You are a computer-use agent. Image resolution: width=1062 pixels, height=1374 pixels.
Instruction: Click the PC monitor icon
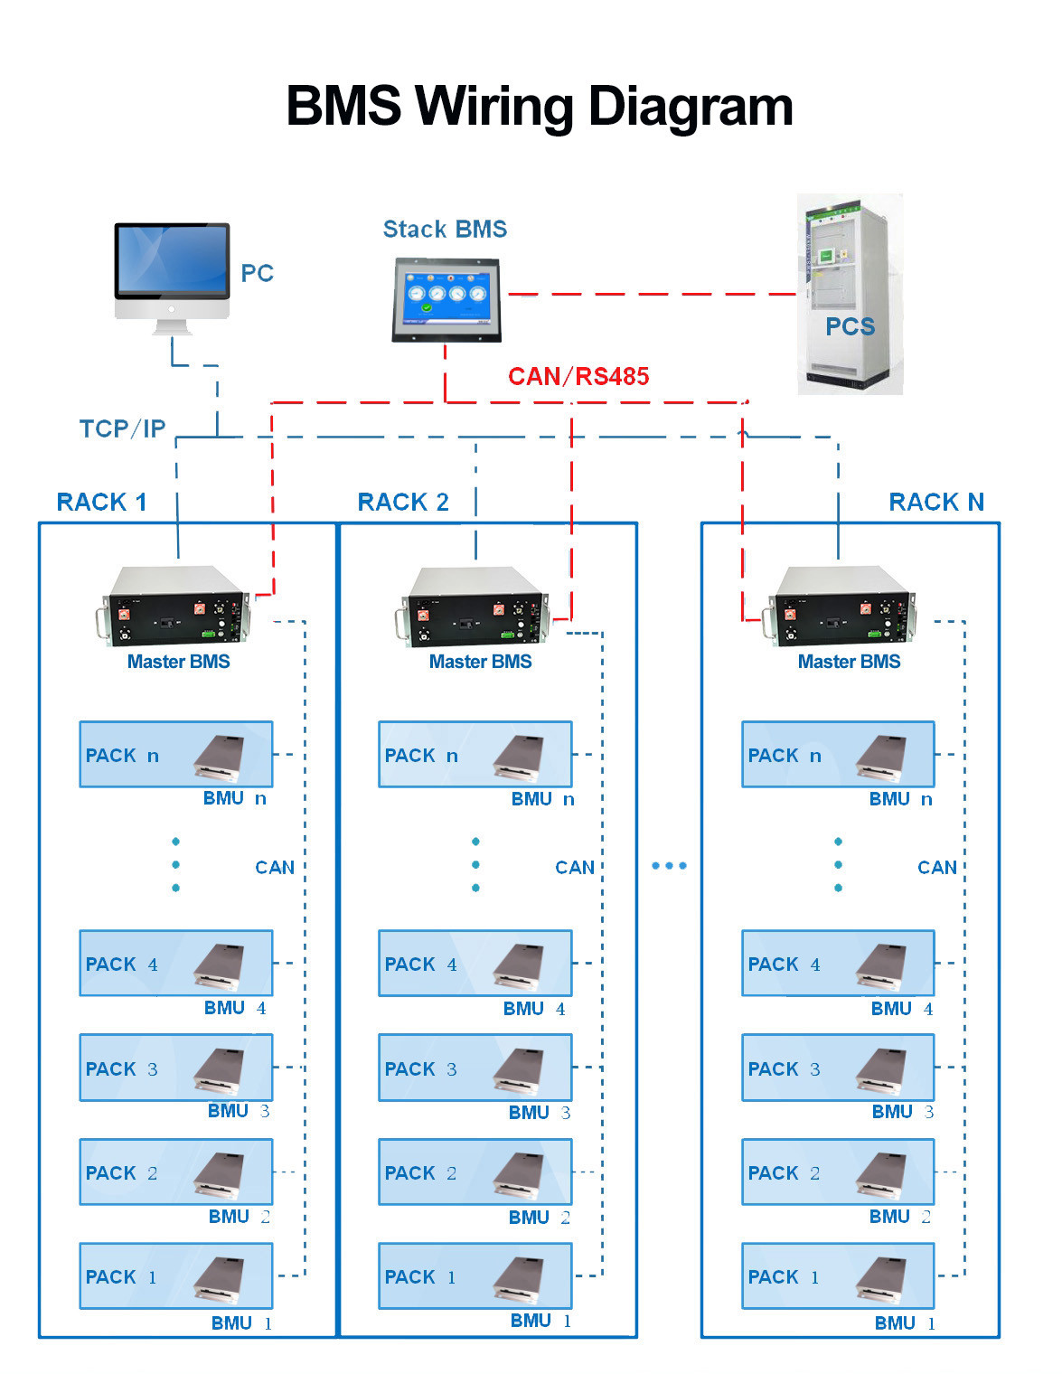[172, 271]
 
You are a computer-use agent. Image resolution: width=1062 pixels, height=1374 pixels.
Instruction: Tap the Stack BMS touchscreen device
[446, 299]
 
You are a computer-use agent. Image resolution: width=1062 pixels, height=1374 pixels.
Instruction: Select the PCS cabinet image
[850, 294]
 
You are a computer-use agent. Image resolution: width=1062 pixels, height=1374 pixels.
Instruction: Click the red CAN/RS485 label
[578, 376]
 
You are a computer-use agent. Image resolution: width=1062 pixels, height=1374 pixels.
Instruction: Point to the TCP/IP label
[122, 428]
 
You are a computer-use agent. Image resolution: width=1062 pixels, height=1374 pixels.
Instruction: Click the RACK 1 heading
[101, 503]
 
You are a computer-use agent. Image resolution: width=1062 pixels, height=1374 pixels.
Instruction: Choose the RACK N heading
[936, 503]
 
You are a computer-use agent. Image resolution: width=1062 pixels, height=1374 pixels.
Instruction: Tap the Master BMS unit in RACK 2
[476, 607]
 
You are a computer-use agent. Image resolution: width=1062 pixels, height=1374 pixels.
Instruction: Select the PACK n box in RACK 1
[175, 754]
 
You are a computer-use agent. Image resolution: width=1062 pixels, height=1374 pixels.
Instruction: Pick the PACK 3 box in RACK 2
[475, 1068]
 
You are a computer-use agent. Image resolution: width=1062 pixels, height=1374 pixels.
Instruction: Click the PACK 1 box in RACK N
[838, 1275]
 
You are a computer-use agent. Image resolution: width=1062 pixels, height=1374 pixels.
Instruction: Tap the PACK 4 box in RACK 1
[175, 963]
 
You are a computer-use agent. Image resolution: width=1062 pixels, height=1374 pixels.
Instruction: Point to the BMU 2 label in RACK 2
[539, 1218]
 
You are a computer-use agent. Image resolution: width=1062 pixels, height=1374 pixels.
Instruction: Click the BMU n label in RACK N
[900, 799]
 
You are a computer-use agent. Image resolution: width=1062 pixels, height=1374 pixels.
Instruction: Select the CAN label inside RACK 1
[275, 868]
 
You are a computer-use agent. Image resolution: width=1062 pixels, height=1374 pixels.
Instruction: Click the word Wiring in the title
[496, 107]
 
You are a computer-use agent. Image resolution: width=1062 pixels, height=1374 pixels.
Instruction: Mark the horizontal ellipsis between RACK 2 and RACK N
[669, 866]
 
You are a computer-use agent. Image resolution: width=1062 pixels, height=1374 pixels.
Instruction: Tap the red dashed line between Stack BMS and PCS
[651, 294]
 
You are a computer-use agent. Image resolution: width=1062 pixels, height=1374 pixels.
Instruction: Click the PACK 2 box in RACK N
[838, 1172]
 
